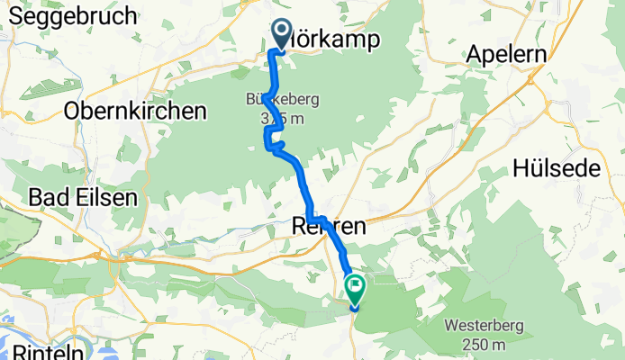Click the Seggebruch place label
69,15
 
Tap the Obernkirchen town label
135,111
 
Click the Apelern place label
506,55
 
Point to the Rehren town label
330,229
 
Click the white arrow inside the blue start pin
281,34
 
